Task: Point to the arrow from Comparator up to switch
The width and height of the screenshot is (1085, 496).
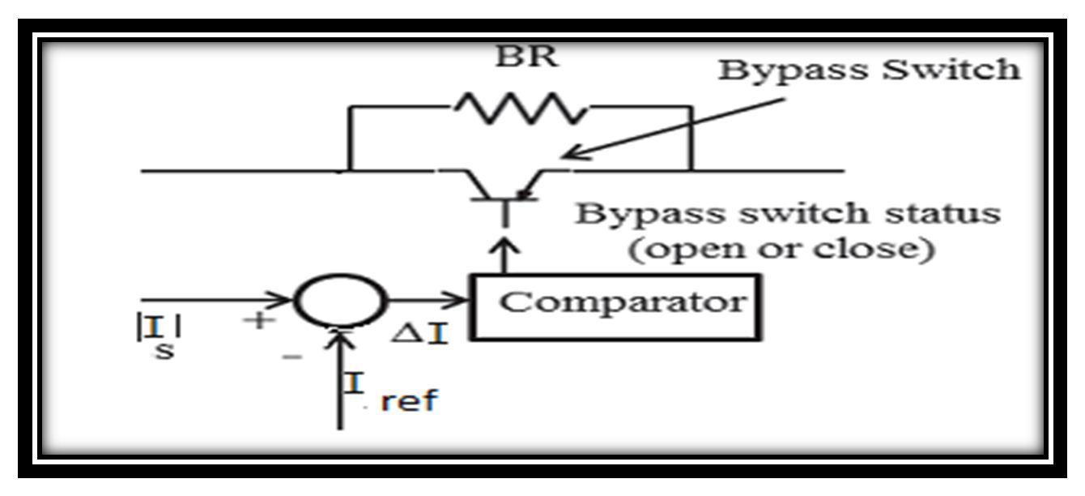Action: tap(505, 253)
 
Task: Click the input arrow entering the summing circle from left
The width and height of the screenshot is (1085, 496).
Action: tap(219, 301)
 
